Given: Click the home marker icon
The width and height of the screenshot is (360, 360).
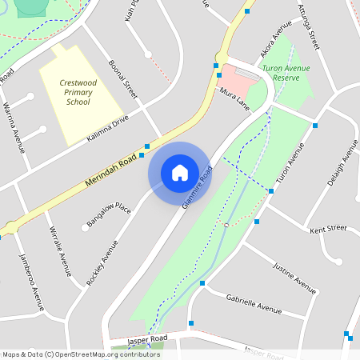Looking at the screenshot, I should [180, 173].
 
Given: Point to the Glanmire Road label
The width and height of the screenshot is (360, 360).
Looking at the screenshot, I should [198, 187].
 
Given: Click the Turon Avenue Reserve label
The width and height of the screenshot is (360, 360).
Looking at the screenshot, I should [286, 74].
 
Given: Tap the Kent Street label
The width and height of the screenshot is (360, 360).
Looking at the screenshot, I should [328, 229].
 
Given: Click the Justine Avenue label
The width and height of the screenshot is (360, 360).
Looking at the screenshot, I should [294, 277].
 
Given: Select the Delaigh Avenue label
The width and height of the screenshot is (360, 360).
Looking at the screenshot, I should [343, 163].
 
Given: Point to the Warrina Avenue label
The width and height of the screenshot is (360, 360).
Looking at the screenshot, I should [14, 127].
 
